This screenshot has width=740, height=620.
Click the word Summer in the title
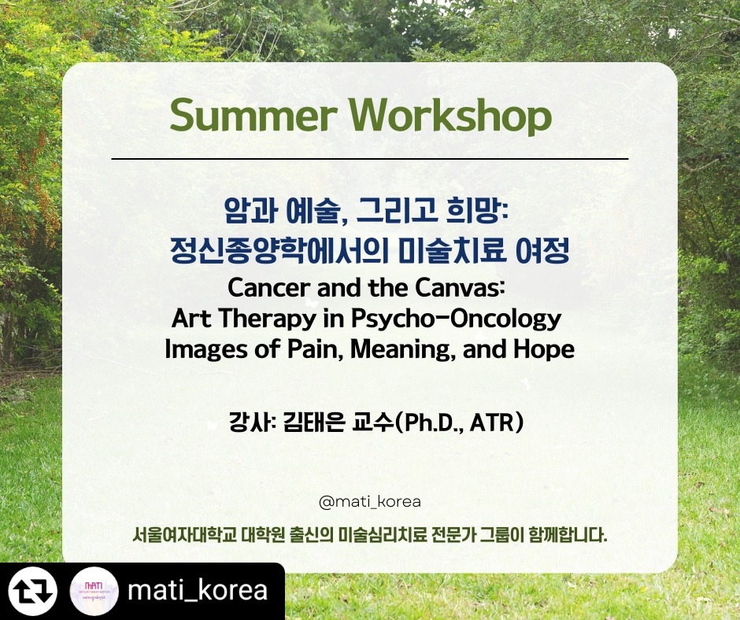(x=253, y=116)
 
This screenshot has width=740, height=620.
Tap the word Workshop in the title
(x=450, y=116)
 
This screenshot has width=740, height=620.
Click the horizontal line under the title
(x=369, y=159)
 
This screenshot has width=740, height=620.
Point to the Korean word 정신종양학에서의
(x=279, y=250)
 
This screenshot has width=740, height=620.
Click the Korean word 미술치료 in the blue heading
(x=452, y=250)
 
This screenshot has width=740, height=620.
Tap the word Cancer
(x=268, y=287)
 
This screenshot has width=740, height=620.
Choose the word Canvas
(x=458, y=287)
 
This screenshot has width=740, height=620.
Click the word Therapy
(x=267, y=319)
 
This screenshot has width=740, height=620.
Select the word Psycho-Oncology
(x=456, y=319)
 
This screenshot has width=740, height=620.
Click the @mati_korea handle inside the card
(x=369, y=501)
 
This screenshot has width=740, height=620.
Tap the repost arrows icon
(x=33, y=591)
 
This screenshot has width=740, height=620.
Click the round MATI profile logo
(x=94, y=591)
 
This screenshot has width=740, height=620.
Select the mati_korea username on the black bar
(x=198, y=591)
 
